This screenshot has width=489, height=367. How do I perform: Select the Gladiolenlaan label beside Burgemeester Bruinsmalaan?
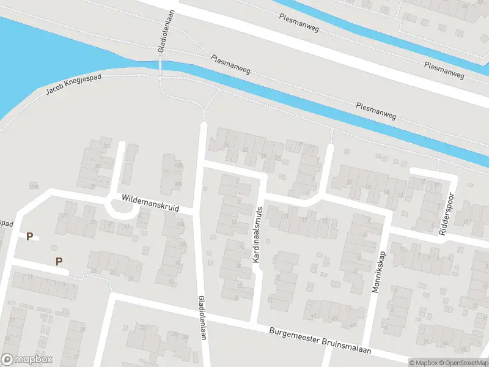pos(202,321)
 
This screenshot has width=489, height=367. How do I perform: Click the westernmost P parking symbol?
pos(29,236)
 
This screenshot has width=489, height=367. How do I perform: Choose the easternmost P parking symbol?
pos(59,261)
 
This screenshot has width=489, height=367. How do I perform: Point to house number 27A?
pos(33,187)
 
